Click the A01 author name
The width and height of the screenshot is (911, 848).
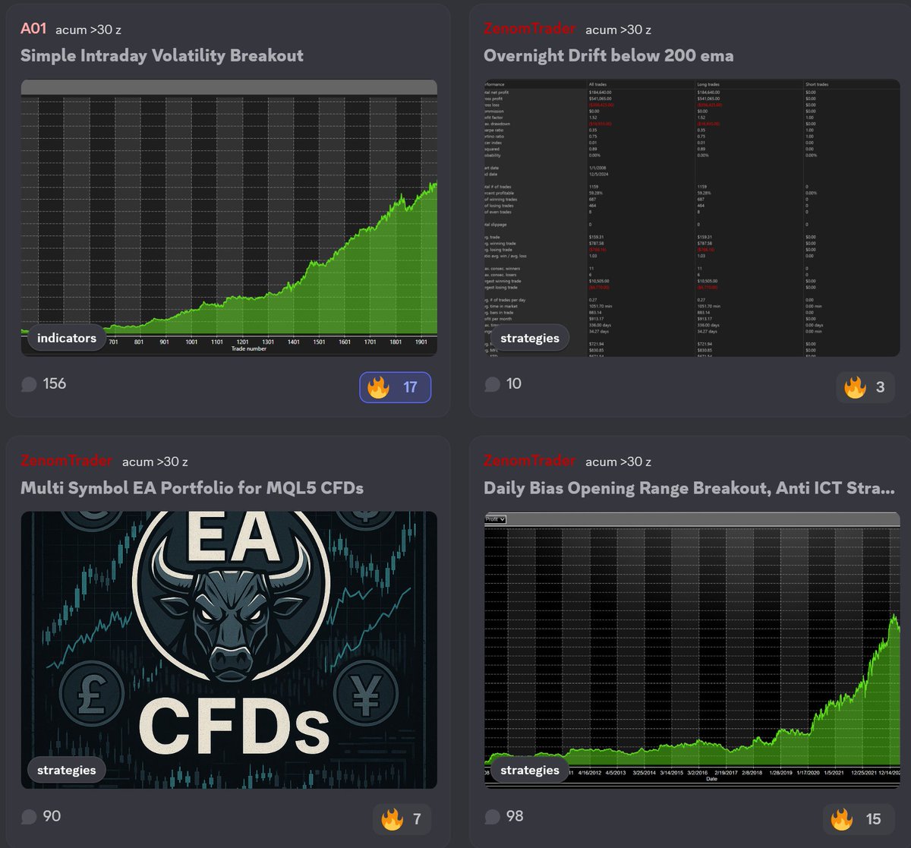33,29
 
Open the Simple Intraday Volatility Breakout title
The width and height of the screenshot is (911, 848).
162,55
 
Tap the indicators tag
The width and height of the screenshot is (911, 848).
67,338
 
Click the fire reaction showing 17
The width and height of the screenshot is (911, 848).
395,387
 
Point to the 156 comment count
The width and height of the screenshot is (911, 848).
45,383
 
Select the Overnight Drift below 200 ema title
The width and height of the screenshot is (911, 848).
608,55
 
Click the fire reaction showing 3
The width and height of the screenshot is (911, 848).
865,387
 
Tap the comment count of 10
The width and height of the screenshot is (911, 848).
504,383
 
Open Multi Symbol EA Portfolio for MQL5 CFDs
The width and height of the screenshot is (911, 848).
191,487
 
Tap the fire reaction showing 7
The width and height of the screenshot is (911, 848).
402,819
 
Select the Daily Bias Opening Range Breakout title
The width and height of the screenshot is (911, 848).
689,487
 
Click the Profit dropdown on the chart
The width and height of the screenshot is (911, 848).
496,519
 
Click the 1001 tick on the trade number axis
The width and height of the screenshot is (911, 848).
191,342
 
